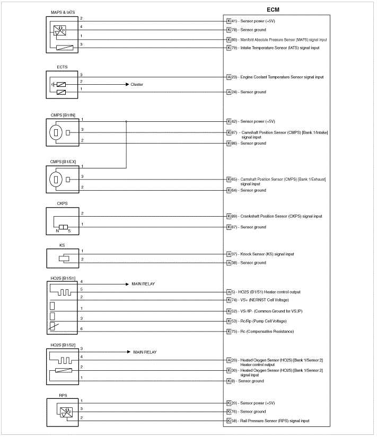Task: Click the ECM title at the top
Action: (x=273, y=10)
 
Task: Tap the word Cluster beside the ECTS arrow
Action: (x=137, y=84)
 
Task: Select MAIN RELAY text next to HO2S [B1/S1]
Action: (x=143, y=284)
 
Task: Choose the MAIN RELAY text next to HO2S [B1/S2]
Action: (x=145, y=352)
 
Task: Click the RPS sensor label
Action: (x=62, y=395)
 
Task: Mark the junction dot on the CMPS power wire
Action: (x=126, y=121)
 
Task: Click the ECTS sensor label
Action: (x=62, y=67)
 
